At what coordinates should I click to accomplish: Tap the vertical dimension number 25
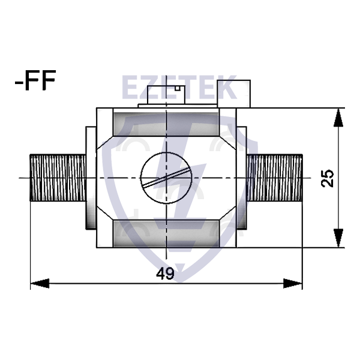tap(328, 178)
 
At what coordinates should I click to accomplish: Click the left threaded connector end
tap(57, 178)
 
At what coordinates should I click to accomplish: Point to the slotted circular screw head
tap(165, 178)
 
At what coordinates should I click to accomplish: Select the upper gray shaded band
tap(166, 122)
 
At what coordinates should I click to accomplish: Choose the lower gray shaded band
tap(166, 232)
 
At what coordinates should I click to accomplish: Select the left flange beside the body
tap(90, 178)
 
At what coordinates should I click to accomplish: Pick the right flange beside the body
tap(241, 178)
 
